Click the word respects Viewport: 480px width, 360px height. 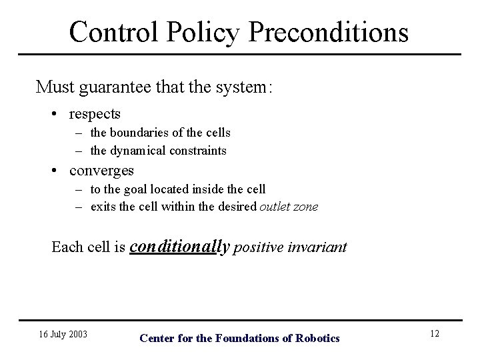click(x=95, y=115)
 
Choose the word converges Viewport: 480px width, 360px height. click(x=101, y=171)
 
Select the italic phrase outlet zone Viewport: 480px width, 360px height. click(x=289, y=207)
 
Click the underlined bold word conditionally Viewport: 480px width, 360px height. click(x=179, y=247)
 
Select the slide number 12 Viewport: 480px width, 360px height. click(x=434, y=333)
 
